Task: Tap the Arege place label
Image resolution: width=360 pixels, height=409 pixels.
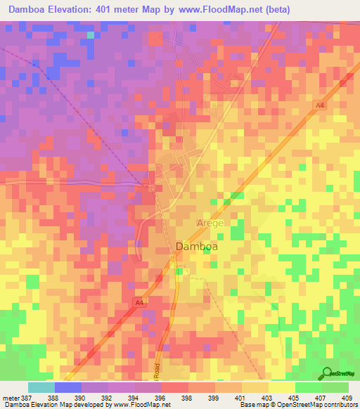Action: click(x=209, y=223)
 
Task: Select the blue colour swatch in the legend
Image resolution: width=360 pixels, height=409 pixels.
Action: click(x=68, y=387)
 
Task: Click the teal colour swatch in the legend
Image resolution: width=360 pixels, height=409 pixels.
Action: click(x=41, y=387)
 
